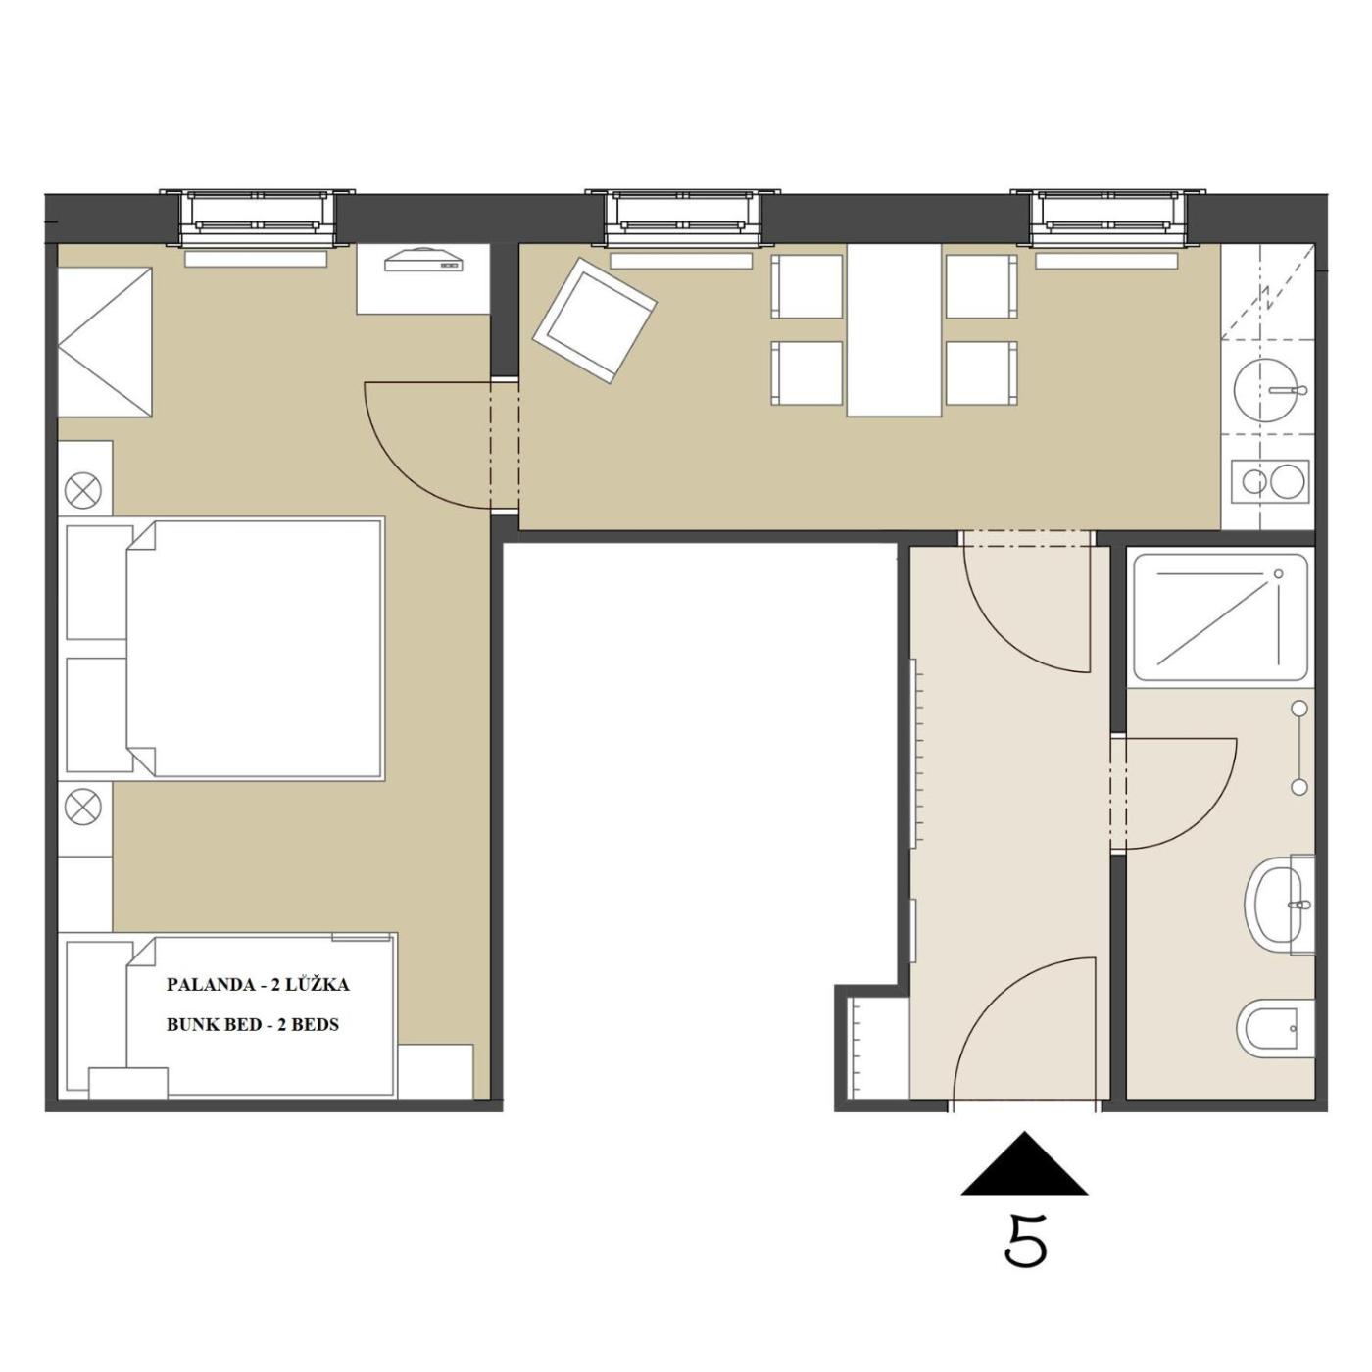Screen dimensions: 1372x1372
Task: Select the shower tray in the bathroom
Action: (x=1220, y=618)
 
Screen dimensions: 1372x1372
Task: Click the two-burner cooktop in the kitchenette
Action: (x=1269, y=481)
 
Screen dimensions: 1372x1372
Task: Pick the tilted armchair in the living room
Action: (x=595, y=320)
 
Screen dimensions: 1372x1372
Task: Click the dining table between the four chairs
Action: (x=894, y=329)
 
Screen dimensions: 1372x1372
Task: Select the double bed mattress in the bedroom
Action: (x=255, y=649)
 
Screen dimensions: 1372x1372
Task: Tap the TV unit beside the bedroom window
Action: (x=423, y=278)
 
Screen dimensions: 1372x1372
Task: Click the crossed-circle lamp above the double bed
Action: (x=83, y=491)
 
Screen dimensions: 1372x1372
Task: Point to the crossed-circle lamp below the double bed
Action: (x=83, y=807)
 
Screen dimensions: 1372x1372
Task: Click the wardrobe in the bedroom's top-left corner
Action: (x=105, y=342)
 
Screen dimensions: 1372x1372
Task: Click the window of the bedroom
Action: (x=257, y=217)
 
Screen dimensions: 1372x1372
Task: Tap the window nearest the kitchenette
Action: (x=1107, y=217)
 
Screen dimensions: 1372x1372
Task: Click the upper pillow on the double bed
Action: (x=100, y=582)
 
